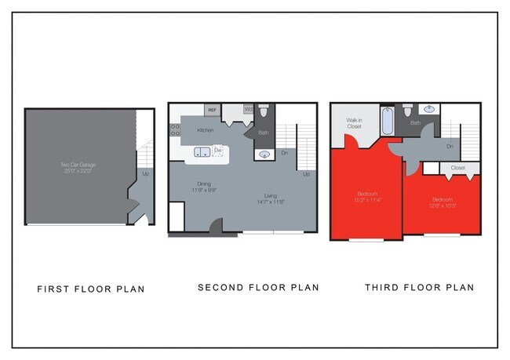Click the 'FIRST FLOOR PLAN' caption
click(x=91, y=289)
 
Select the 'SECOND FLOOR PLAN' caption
click(x=258, y=288)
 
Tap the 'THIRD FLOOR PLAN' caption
click(x=419, y=288)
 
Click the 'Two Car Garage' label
click(x=76, y=165)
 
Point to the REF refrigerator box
click(x=212, y=111)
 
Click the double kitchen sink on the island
click(x=202, y=151)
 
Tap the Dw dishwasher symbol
click(x=218, y=150)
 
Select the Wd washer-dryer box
click(x=248, y=110)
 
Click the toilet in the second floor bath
click(x=264, y=112)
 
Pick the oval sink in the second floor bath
click(x=264, y=154)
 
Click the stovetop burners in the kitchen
click(x=174, y=129)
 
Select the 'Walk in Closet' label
click(x=354, y=123)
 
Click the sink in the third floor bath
click(x=430, y=110)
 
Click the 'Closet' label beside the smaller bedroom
click(x=458, y=168)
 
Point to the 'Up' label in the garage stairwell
click(x=145, y=173)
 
